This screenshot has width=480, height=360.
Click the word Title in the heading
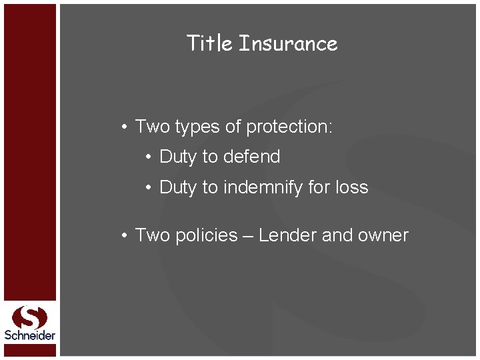point(209,43)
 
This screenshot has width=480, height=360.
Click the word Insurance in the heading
point(288,43)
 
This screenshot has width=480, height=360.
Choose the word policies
point(206,235)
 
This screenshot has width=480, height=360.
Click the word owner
point(382,235)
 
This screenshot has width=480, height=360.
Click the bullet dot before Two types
point(124,127)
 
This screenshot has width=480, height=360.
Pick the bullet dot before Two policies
point(124,236)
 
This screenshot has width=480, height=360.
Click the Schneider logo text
point(30,335)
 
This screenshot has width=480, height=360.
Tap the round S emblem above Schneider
point(30,317)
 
